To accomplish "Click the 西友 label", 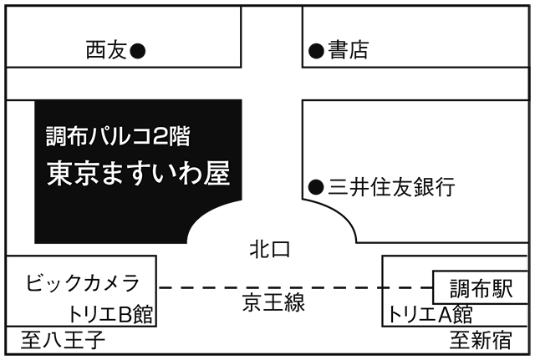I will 106,51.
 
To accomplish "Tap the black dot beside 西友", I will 139,51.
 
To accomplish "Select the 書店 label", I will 348,51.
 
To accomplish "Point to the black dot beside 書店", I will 316,51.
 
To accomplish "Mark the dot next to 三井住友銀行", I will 315,187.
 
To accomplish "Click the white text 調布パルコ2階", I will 123,134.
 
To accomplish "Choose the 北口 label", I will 269,249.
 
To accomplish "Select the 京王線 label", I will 273,302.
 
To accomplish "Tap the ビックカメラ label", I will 82,282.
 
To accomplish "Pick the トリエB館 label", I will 111,315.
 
